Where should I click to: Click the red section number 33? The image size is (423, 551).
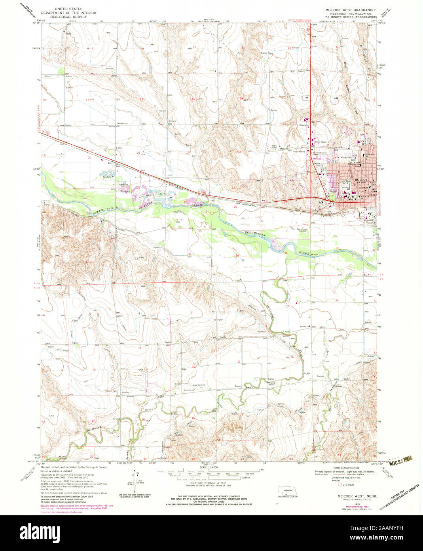[137, 258]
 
